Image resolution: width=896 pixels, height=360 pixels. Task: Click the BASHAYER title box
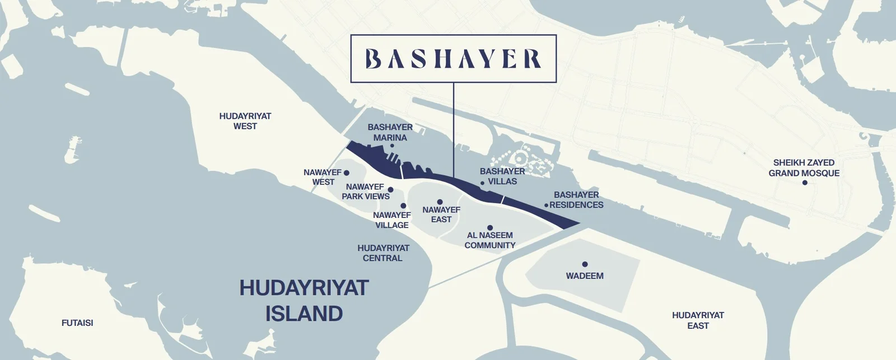coord(453,59)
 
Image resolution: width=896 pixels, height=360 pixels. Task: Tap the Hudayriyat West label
coord(245,121)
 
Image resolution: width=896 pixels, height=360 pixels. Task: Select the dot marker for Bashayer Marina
coord(392,146)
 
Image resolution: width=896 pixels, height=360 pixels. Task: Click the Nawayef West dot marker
coord(346,173)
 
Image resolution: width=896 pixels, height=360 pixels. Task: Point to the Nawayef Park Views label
coord(366,191)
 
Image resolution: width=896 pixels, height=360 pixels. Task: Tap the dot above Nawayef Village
coord(403,206)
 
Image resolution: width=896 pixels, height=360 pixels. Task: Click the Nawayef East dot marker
coord(440,202)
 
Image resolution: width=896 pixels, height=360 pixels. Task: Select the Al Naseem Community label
coord(490,240)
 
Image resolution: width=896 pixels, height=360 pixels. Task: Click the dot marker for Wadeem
coord(585,264)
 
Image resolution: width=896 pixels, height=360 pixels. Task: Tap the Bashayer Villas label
coord(502,176)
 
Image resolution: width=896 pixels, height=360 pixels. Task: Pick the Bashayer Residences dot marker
coord(546,205)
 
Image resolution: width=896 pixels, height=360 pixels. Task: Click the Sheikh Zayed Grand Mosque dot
coord(805,183)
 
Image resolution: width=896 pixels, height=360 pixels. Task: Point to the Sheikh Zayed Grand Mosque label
coord(804,168)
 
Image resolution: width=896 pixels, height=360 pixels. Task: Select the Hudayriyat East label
coord(698,320)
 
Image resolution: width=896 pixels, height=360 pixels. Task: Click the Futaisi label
coord(77,323)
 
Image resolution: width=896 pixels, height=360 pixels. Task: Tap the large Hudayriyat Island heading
coord(304,301)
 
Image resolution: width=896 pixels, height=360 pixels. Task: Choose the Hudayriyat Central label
coord(383,253)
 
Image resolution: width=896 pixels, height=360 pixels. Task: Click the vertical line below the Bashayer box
coord(453,129)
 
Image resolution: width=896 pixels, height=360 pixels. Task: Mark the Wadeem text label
coord(585,276)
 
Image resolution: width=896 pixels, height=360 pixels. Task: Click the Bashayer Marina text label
coord(390,132)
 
